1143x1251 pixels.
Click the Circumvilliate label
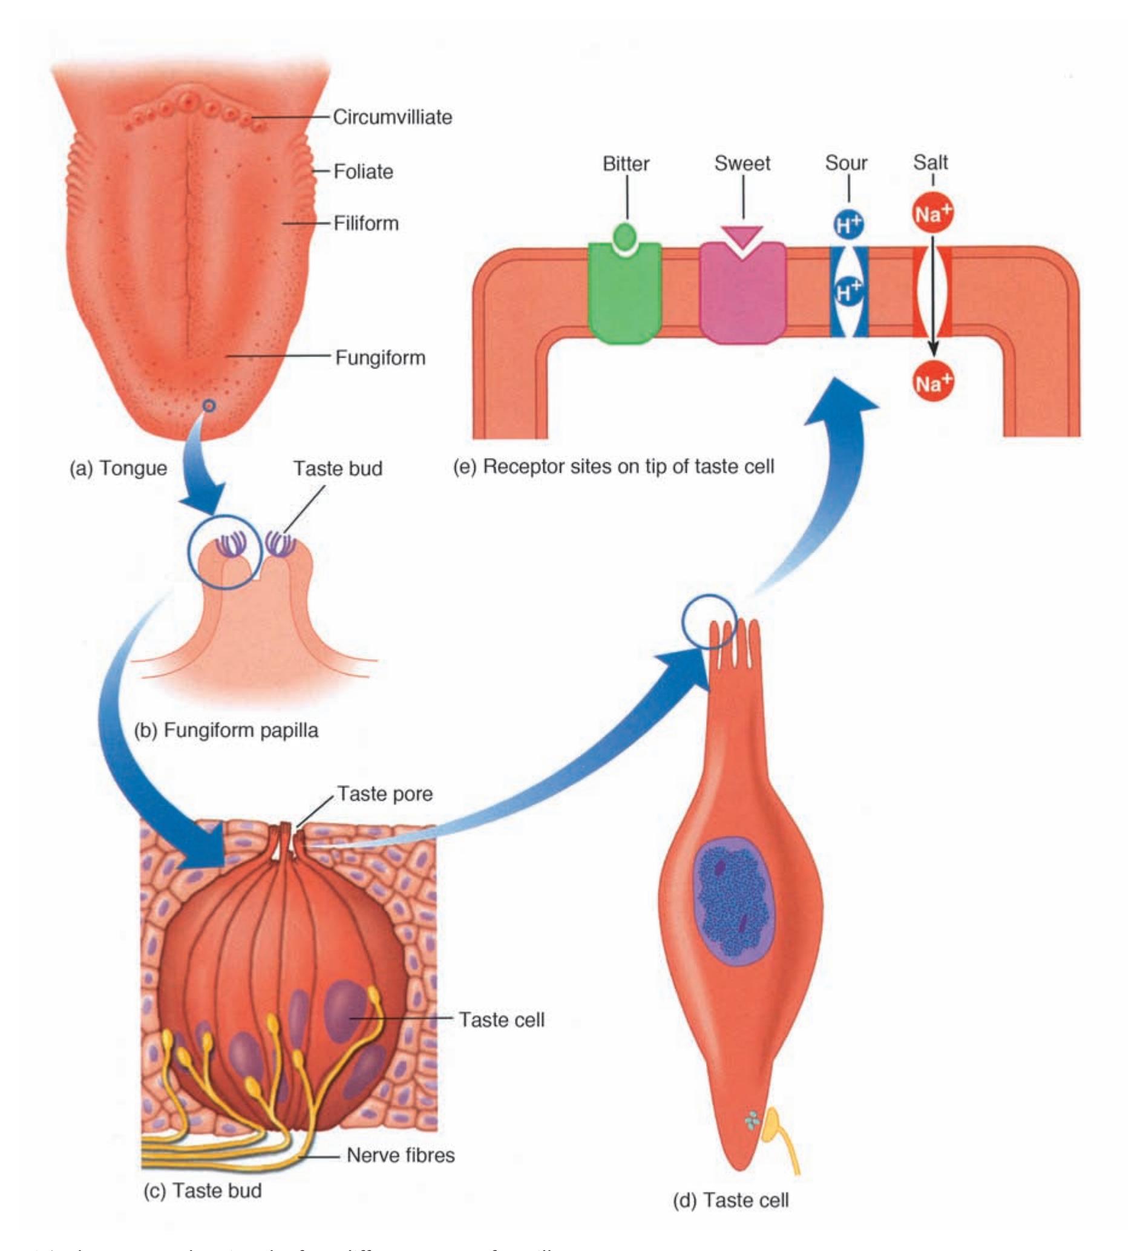tap(392, 117)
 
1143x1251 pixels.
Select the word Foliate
tap(363, 171)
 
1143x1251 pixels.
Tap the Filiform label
tap(366, 223)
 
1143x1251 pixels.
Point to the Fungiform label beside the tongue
tap(380, 358)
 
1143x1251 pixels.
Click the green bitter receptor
tap(624, 295)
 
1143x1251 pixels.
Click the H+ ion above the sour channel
tap(848, 224)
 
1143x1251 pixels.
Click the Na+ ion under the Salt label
tap(932, 214)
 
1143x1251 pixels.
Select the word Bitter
tap(626, 163)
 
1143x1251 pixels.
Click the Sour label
tap(846, 163)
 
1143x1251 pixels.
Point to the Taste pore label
tap(385, 793)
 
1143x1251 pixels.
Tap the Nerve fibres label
tap(400, 1155)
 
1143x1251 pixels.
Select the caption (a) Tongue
tap(118, 468)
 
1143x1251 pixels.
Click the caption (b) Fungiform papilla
tap(226, 731)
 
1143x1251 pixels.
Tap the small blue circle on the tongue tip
tap(209, 406)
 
